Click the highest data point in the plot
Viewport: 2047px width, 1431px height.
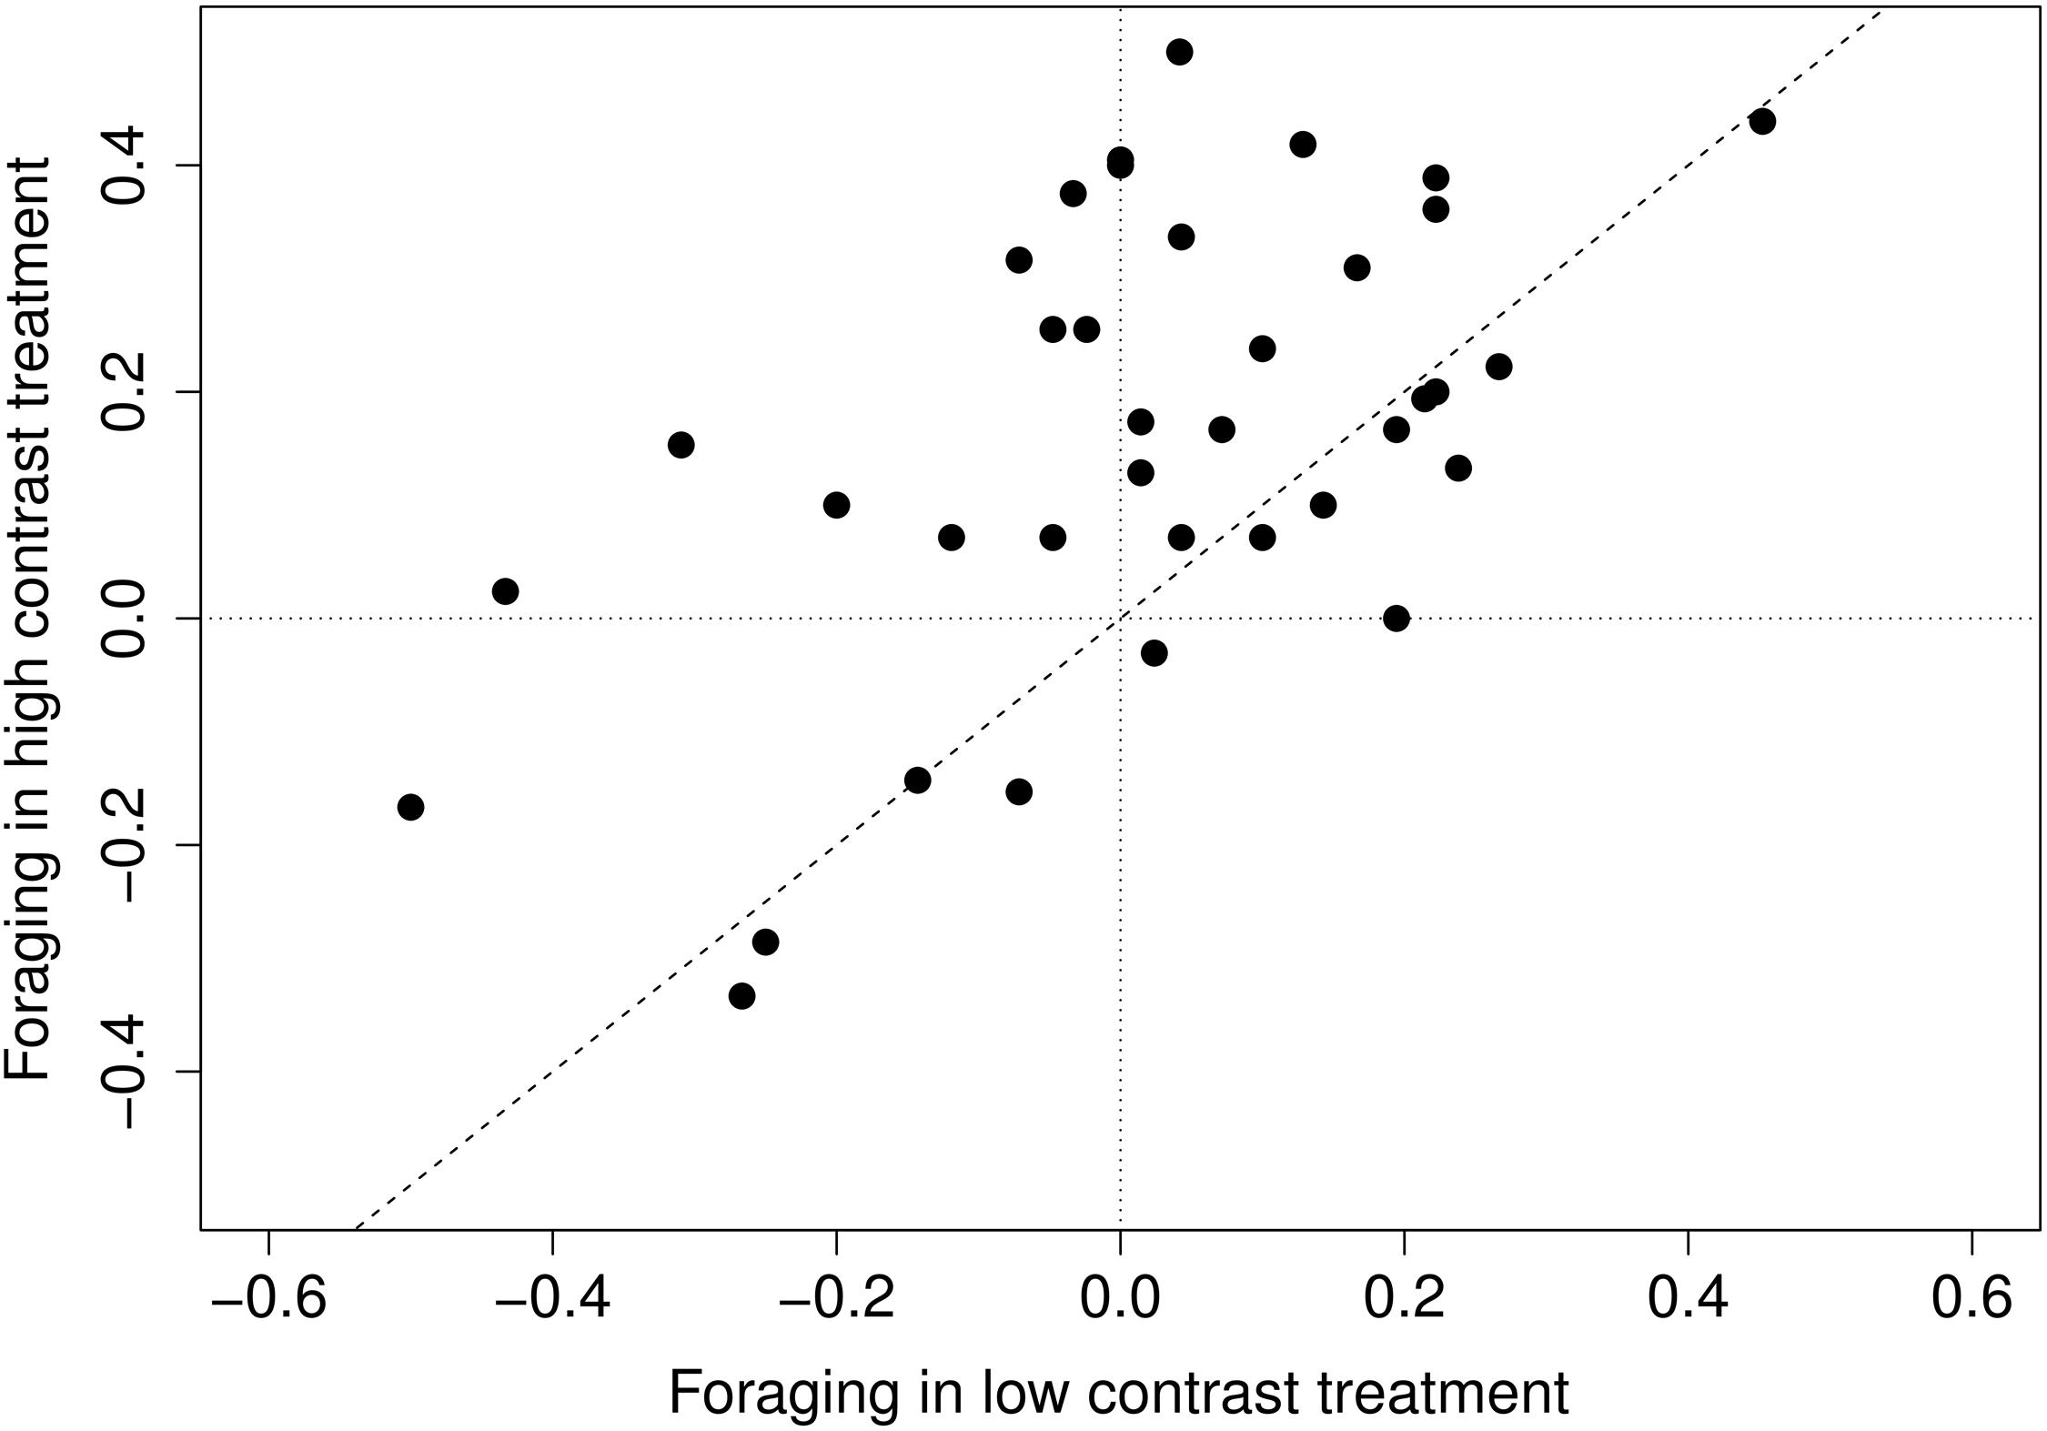[x=1179, y=52]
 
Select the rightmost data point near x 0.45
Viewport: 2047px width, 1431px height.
[x=1762, y=121]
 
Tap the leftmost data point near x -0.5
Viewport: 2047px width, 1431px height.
[x=410, y=807]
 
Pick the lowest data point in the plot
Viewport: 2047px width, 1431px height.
[x=742, y=996]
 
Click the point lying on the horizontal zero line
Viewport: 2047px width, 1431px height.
[x=1397, y=619]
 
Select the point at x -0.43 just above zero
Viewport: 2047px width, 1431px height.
[x=506, y=591]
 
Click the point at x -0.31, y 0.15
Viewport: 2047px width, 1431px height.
[x=681, y=445]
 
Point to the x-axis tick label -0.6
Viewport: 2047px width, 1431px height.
[x=268, y=1302]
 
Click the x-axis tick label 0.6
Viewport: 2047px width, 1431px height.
[x=1971, y=1302]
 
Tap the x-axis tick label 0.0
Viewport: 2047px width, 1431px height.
[x=1120, y=1302]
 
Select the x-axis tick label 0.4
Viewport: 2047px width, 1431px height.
[x=1688, y=1302]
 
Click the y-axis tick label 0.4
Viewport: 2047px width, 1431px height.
[x=127, y=166]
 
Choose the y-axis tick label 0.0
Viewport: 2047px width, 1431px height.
[x=127, y=619]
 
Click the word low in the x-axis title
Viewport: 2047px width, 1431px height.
[x=1018, y=1392]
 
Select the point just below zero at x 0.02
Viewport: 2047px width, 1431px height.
[x=1154, y=653]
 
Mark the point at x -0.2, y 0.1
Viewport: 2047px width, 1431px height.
[x=836, y=505]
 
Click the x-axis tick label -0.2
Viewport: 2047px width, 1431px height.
[x=836, y=1302]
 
